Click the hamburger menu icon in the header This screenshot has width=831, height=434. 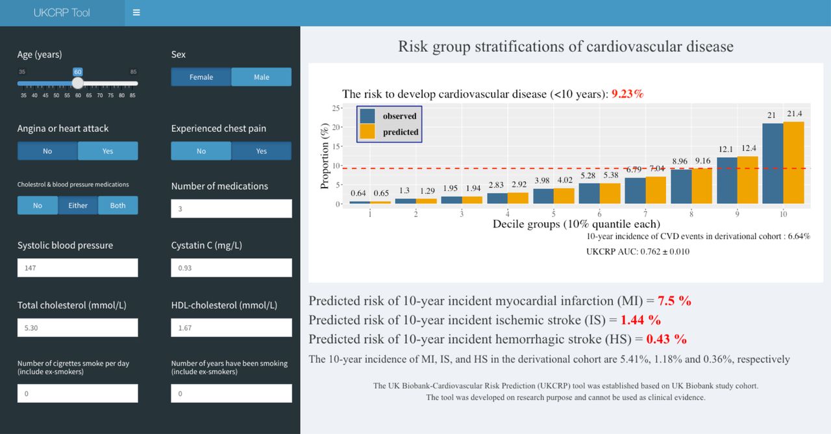click(136, 12)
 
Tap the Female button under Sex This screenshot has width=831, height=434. click(201, 77)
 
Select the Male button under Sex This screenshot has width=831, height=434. click(262, 77)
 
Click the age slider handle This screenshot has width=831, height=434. click(77, 83)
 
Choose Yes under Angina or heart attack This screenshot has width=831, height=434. click(108, 151)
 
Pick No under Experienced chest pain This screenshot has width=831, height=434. click(201, 151)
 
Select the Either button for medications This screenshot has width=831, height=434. click(78, 205)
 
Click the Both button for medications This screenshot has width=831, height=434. click(118, 205)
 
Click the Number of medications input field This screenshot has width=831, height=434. click(232, 209)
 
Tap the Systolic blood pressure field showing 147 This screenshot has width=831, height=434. click(77, 268)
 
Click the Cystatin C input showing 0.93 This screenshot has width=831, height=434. click(232, 268)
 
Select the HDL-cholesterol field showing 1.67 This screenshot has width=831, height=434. click(232, 327)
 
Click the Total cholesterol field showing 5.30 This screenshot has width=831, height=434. click(77, 327)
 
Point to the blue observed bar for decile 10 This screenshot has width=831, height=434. click(773, 163)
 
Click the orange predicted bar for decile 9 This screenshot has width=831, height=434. click(747, 180)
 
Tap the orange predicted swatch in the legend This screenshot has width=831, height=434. click(367, 131)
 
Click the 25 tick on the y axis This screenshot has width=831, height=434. click(336, 108)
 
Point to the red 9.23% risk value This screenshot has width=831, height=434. click(627, 94)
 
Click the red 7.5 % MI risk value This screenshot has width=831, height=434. click(675, 301)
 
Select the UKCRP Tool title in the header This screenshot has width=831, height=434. click(62, 12)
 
